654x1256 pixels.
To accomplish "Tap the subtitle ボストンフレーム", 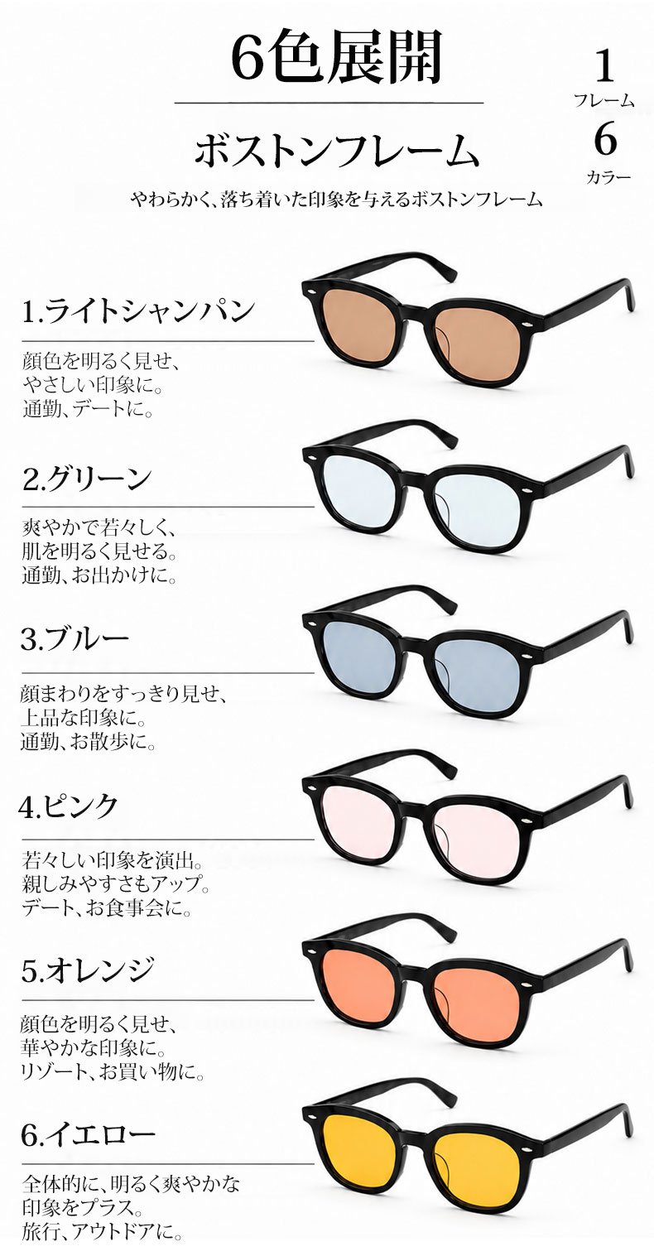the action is (338, 151).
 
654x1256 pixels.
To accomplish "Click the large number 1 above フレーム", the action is (604, 66).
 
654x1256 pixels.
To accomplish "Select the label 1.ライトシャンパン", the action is (139, 310).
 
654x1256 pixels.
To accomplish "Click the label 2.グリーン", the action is (88, 479).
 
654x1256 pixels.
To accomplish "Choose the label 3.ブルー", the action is (75, 640).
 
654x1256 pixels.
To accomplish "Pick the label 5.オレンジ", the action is (88, 970).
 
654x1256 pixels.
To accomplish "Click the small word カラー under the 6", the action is (608, 177).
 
